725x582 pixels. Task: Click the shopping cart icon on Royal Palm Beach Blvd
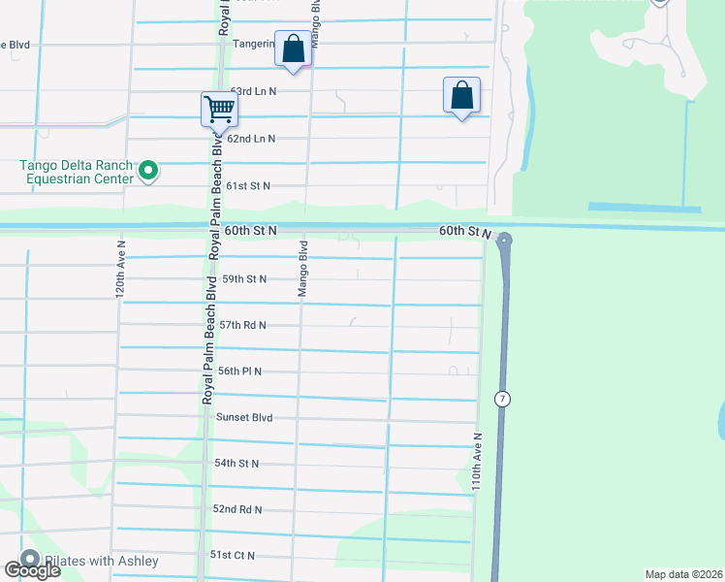pos(220,109)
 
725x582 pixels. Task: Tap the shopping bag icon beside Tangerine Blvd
pos(294,48)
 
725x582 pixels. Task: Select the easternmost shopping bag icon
pos(462,96)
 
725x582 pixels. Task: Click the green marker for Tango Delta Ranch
pos(147,172)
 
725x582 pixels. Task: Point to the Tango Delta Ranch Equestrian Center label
pos(77,172)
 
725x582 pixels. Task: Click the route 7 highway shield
pos(501,399)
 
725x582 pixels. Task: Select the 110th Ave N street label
pos(476,462)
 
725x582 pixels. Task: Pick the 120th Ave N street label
pos(121,269)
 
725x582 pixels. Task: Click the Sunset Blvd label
pos(244,417)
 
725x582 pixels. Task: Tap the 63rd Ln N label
pos(253,91)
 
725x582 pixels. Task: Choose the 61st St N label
pos(248,185)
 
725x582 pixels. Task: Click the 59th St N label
pos(244,278)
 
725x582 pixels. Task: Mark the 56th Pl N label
pos(240,372)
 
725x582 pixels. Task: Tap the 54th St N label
pos(236,464)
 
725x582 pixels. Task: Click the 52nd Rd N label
pos(237,509)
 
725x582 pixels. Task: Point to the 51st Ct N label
pos(233,555)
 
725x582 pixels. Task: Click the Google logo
pos(33,569)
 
